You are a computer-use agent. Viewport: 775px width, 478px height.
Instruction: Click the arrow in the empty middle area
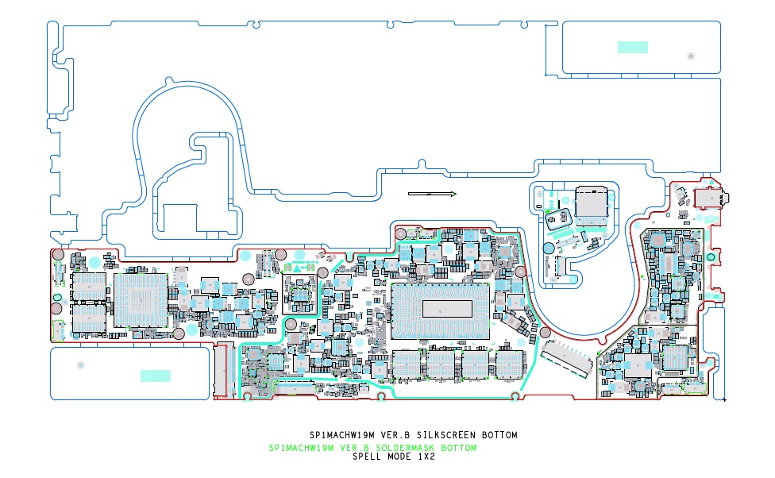(x=432, y=194)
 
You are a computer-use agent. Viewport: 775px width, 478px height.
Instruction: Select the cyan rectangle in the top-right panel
(x=633, y=47)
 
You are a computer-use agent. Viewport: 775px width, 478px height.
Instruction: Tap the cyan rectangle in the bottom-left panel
(x=156, y=376)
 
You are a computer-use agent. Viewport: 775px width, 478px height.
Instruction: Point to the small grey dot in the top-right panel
(x=691, y=56)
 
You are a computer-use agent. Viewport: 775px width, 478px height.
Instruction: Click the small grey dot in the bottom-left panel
(x=80, y=364)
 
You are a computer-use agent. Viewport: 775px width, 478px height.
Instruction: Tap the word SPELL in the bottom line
(x=368, y=457)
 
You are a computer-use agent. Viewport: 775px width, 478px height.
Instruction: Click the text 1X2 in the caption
(x=426, y=457)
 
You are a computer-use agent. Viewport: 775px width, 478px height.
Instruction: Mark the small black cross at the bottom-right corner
(x=724, y=399)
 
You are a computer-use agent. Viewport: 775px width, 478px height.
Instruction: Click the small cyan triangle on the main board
(x=297, y=269)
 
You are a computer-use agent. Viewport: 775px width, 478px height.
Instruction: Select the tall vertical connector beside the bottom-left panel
(x=221, y=371)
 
